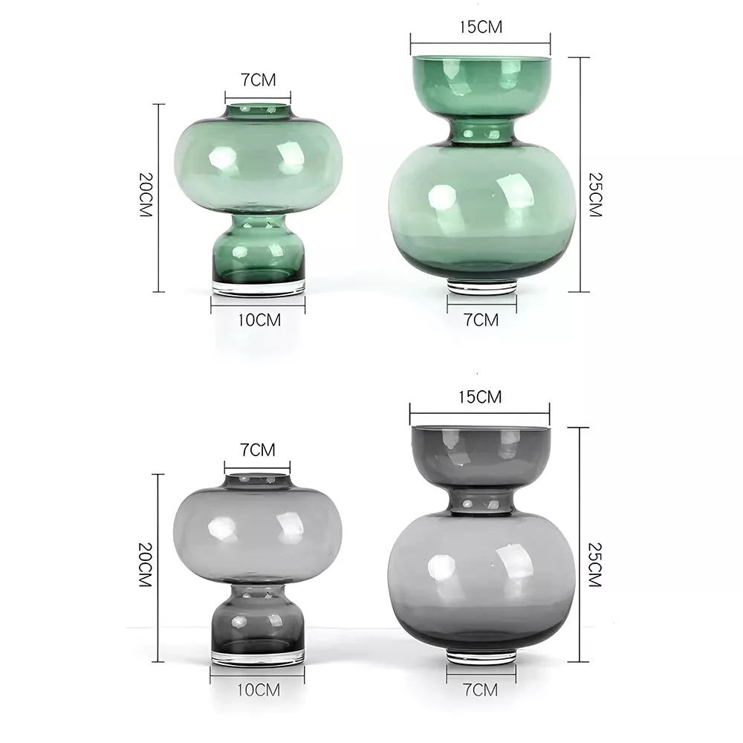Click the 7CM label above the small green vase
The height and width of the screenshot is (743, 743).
coord(259,80)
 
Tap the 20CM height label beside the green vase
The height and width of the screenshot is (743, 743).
coord(146,195)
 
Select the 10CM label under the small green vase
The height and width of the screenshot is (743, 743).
coord(259,320)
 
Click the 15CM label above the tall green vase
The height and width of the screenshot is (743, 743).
coord(481,27)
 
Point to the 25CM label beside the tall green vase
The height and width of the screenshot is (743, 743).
coord(595,195)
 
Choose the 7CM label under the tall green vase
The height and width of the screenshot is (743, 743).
coord(481,320)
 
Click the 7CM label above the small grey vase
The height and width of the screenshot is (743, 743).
coord(257,450)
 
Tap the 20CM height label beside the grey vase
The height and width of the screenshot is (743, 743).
coord(146,565)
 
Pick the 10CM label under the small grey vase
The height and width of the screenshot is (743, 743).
coord(259,690)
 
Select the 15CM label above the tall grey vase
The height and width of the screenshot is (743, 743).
coord(480,397)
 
